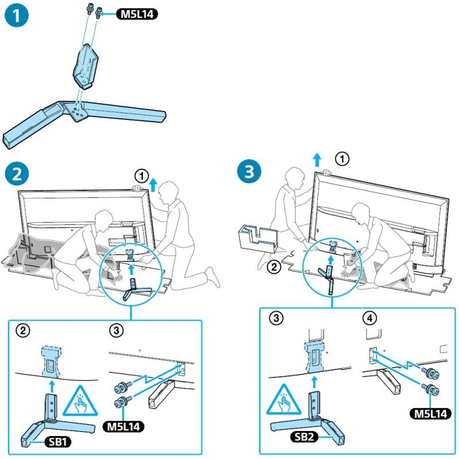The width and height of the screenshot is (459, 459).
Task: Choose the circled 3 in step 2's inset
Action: (116, 330)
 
